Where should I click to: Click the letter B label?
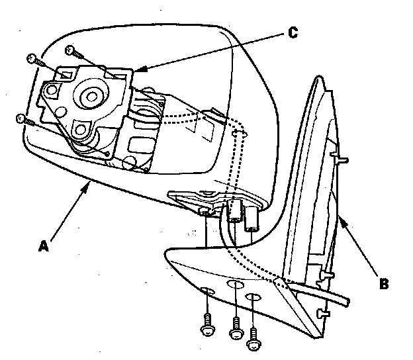384,285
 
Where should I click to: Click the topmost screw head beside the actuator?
70,49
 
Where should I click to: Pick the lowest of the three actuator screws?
21,118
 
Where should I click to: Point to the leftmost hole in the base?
207,292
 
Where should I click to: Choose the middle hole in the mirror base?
235,285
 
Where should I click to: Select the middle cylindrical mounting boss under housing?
234,213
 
